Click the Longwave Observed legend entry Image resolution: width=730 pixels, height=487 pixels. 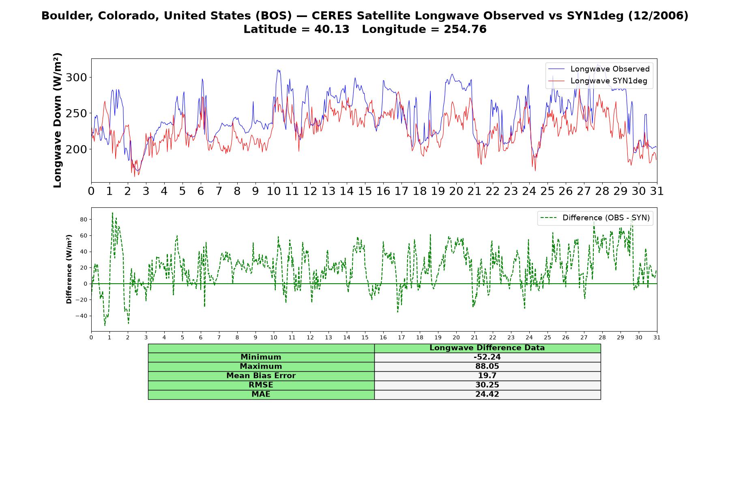tap(599, 69)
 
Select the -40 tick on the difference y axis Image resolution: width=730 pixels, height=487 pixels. tap(82, 316)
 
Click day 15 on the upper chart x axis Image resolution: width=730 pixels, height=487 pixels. tap(365, 191)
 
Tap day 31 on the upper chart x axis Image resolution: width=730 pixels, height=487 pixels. tap(657, 191)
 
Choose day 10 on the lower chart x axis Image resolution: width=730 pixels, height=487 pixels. tap(274, 337)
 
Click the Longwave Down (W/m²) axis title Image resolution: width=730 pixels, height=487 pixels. tap(57, 120)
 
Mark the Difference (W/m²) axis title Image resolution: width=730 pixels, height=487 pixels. tap(69, 269)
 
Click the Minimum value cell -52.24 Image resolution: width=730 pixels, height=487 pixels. tap(487, 357)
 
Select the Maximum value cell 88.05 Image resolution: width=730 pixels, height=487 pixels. tap(487, 366)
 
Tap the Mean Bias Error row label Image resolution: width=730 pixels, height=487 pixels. tap(261, 376)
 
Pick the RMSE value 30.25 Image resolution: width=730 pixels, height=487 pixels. tap(487, 385)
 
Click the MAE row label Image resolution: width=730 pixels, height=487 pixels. tap(261, 394)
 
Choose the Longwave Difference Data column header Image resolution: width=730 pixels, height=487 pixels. tap(487, 348)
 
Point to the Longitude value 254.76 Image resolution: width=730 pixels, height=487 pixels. tap(465, 29)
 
